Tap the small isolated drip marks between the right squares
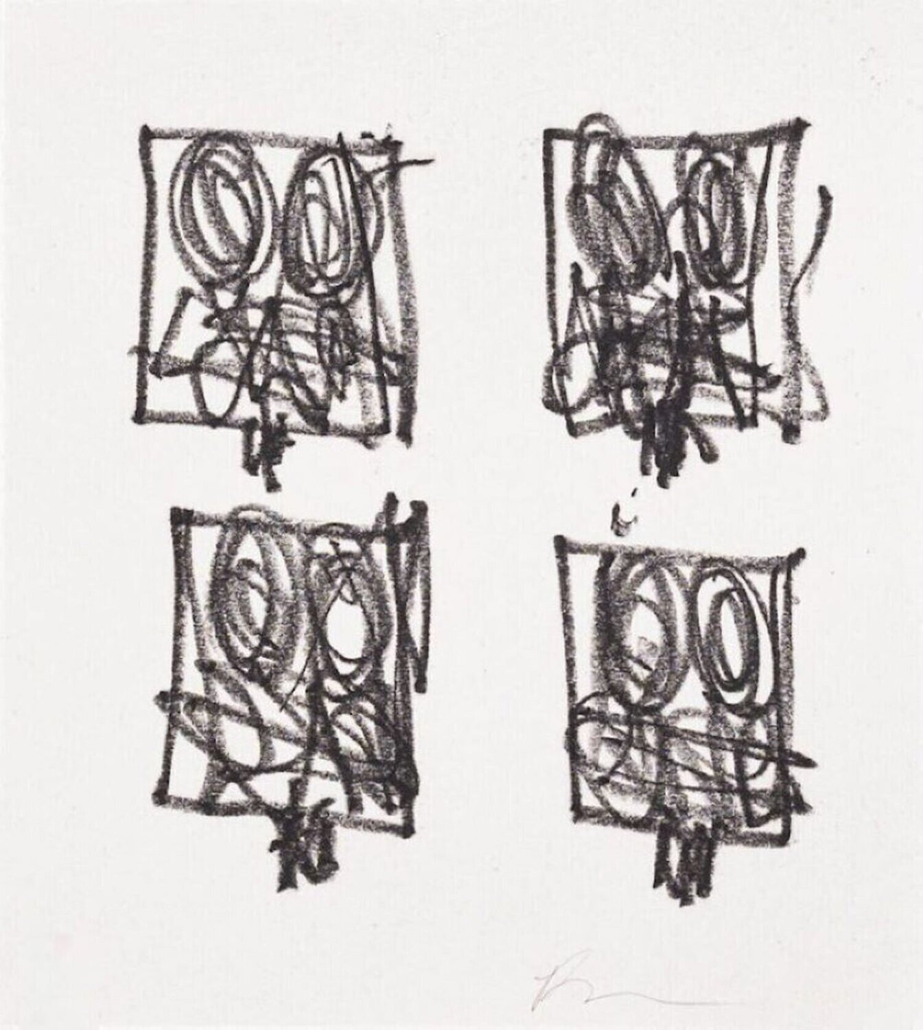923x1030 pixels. (623, 518)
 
